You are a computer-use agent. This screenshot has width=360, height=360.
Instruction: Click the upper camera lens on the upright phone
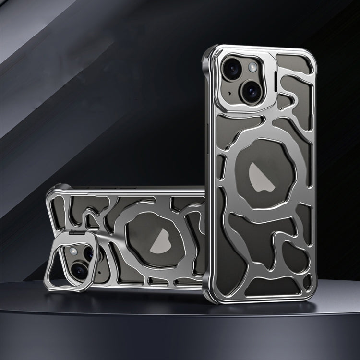point(231,70)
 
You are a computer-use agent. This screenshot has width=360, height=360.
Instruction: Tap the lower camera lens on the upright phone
point(252,90)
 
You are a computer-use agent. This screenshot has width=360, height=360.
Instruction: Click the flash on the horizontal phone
point(73,251)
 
